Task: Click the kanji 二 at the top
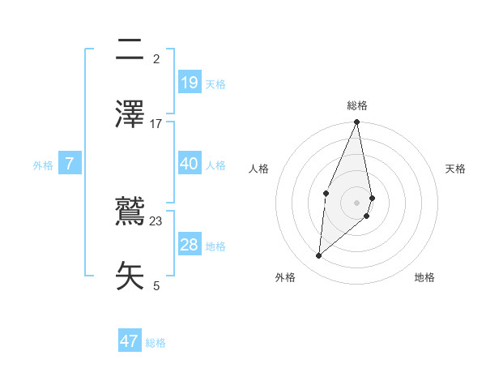130,50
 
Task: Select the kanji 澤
130,113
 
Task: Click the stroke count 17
156,123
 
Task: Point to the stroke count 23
156,220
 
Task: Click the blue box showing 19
190,82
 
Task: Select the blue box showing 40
190,164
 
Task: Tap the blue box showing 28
190,245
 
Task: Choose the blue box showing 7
70,164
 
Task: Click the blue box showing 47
130,341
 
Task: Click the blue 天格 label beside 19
215,83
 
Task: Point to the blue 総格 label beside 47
156,343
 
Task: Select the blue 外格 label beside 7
43,165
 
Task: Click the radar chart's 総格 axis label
357,105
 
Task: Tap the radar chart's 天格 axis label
455,169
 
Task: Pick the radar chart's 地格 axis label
424,277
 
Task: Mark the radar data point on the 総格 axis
357,122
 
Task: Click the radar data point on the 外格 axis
319,256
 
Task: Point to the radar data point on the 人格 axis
326,193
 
